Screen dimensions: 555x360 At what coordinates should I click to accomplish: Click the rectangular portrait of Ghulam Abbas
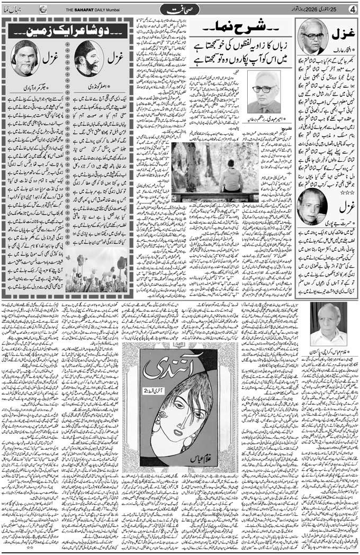click(x=328, y=324)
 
